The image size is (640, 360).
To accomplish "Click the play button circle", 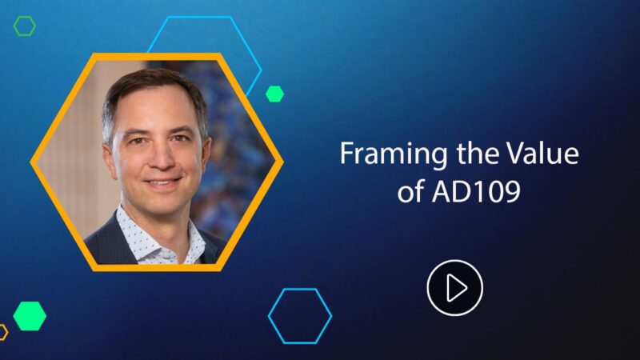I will point(454,287).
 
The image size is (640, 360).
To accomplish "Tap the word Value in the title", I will point(545,154).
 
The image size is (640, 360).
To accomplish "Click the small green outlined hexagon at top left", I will point(25,26).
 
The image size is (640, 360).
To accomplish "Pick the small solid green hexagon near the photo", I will point(274,94).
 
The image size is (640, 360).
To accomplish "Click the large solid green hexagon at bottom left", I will point(30,315).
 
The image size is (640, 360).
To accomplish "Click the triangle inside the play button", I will point(456,287).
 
